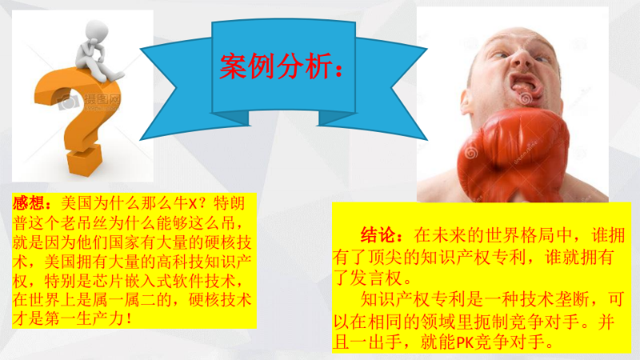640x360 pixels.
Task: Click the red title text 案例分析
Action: click(x=276, y=66)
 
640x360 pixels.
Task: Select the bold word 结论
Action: click(x=378, y=235)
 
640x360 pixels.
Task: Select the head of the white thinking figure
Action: click(x=97, y=30)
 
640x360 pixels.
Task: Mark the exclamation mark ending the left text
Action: click(x=130, y=318)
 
